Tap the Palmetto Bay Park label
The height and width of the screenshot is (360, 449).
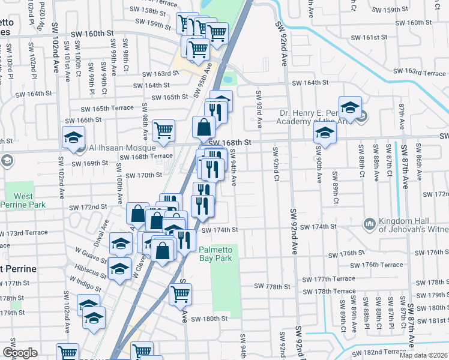tap(215, 254)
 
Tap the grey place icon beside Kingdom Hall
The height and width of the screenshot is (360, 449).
tap(369, 224)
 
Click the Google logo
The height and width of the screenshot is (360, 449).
tap(20, 353)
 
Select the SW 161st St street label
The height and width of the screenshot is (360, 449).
tap(370, 37)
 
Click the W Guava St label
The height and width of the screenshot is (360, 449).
tap(89, 257)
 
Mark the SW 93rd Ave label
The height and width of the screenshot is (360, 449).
tap(259, 110)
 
